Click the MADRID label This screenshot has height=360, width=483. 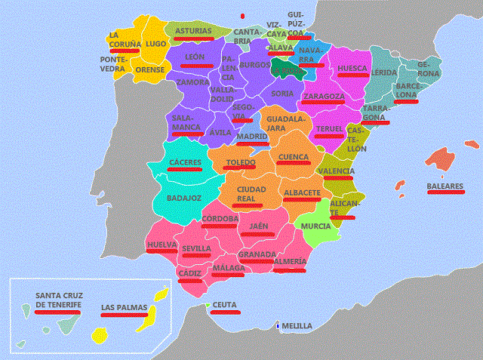252,137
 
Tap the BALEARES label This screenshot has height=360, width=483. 445,185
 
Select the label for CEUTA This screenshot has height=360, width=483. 224,304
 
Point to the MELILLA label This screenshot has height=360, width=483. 296,326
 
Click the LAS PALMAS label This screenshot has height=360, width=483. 125,307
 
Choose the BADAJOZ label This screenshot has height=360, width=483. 183,198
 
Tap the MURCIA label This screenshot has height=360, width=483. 315,226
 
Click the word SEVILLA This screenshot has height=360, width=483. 196,248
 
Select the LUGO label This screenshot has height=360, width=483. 156,45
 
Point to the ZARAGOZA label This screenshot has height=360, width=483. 324,97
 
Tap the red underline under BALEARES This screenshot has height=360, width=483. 445,192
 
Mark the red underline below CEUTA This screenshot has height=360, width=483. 225,311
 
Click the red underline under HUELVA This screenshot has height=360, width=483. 162,252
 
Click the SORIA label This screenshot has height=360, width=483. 281,94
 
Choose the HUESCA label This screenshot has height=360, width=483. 352,69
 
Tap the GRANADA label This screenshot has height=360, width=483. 257,254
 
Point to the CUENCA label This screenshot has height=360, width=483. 293,157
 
